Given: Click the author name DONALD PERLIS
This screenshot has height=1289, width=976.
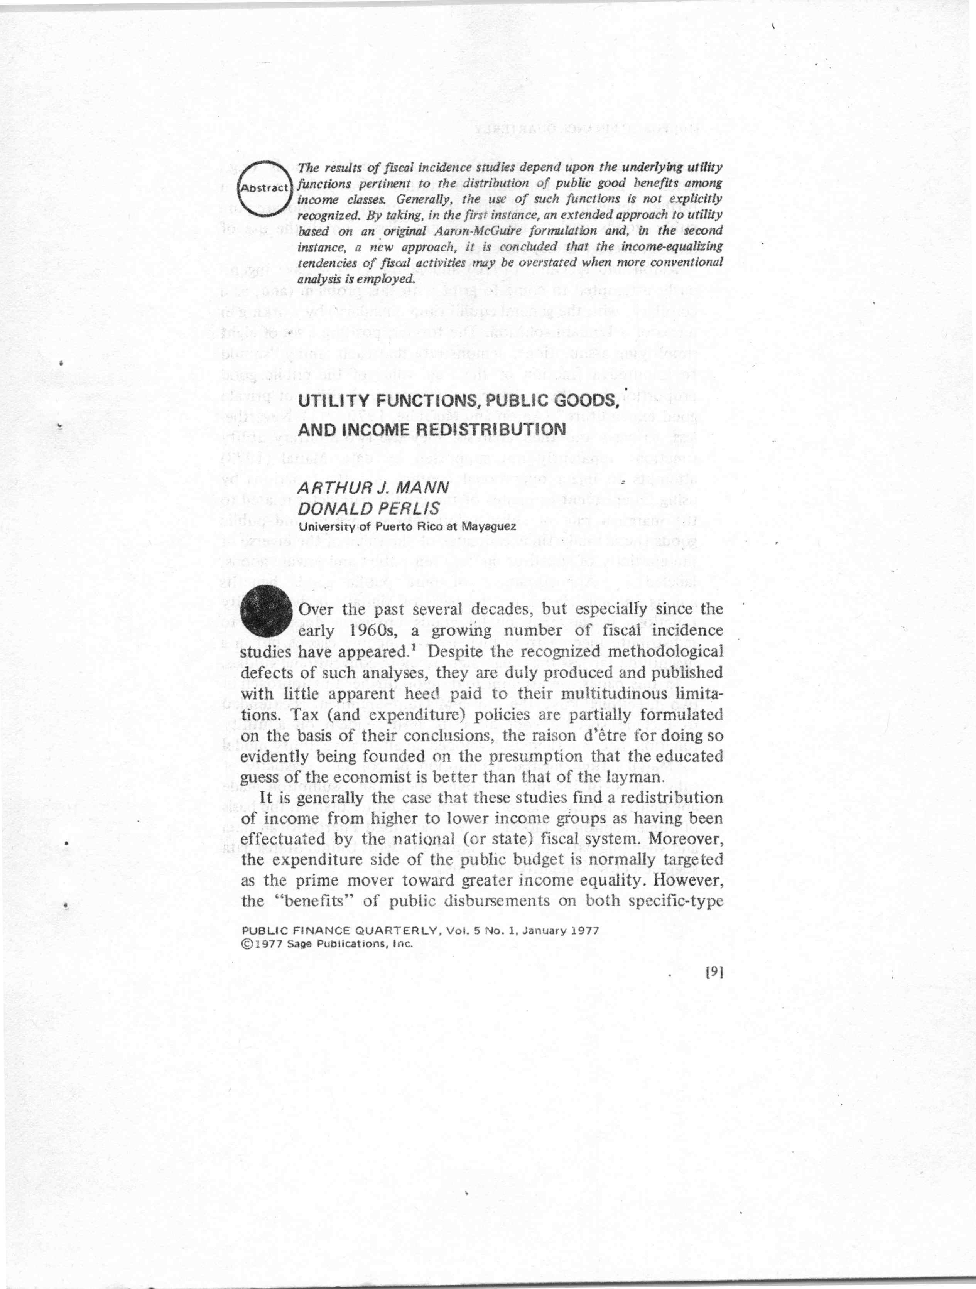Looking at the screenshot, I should (368, 508).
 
